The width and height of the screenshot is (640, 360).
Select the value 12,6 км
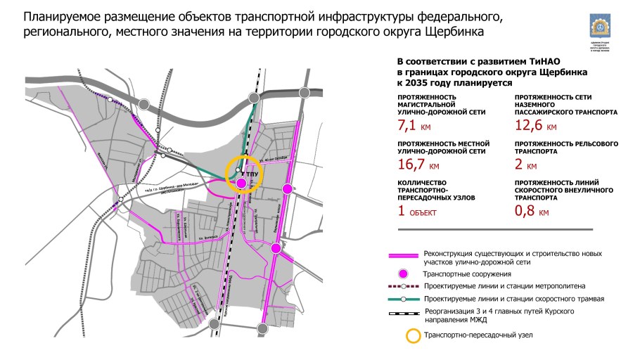click(535, 127)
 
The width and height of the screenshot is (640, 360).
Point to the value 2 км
click(526, 167)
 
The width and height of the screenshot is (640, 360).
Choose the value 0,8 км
click(532, 210)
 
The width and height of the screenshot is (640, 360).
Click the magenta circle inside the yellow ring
click(241, 184)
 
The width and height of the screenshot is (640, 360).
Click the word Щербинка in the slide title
click(451, 32)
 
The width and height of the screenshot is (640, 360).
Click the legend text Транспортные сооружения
click(466, 274)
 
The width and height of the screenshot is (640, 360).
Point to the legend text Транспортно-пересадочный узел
click(480, 335)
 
